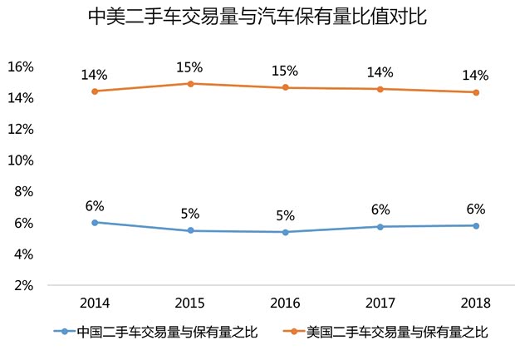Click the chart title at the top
257,17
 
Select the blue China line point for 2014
95,222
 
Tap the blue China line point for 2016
285,232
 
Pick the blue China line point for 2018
476,225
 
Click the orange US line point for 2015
190,83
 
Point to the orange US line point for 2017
380,89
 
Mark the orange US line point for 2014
95,91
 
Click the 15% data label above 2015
190,66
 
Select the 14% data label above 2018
476,74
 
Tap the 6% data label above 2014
95,205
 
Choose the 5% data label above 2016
285,215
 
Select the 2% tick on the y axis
22,284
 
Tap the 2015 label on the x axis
190,303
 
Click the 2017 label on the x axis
380,303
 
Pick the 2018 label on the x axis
476,303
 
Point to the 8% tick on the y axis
22,191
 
